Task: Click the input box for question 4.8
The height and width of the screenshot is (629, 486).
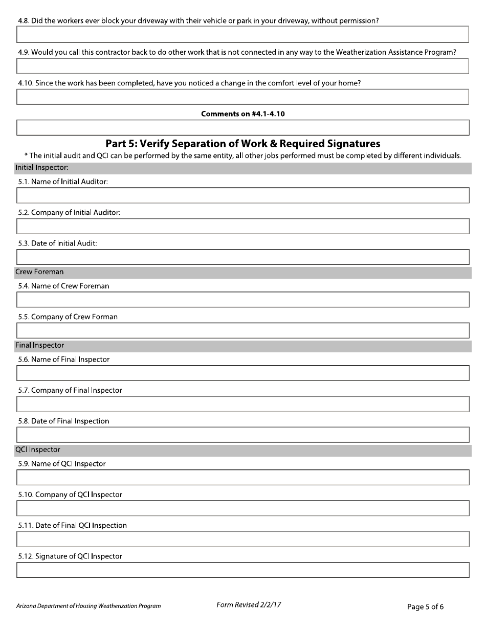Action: pyautogui.click(x=242, y=34)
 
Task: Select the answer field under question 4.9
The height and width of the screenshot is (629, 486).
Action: pyautogui.click(x=242, y=65)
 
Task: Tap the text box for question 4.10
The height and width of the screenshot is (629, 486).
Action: pyautogui.click(x=242, y=97)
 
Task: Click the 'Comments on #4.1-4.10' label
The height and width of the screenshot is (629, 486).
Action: pyautogui.click(x=242, y=114)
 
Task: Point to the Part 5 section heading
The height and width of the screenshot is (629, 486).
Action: pyautogui.click(x=242, y=144)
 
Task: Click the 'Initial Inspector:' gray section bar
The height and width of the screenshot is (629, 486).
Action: pyautogui.click(x=242, y=168)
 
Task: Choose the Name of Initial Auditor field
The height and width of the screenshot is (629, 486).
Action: pyautogui.click(x=242, y=195)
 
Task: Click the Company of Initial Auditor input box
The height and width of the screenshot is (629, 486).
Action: pyautogui.click(x=242, y=226)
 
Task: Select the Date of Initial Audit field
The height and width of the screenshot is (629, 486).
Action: pyautogui.click(x=242, y=257)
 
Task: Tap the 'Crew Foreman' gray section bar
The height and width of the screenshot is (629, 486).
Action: pyautogui.click(x=242, y=272)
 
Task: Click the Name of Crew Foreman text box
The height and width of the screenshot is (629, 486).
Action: pyautogui.click(x=242, y=300)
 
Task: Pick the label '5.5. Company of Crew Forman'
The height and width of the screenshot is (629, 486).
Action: pyautogui.click(x=68, y=317)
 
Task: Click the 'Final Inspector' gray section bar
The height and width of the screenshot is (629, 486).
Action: pyautogui.click(x=242, y=346)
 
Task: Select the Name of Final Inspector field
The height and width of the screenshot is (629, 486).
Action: pyautogui.click(x=242, y=373)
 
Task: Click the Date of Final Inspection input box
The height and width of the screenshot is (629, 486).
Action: pyautogui.click(x=242, y=435)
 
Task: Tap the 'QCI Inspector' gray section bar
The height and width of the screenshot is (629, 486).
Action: pyautogui.click(x=242, y=450)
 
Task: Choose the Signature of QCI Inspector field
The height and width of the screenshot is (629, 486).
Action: pyautogui.click(x=242, y=570)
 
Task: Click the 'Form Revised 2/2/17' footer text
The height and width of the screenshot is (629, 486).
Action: pyautogui.click(x=249, y=605)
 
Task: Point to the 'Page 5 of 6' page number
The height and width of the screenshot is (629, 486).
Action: pyautogui.click(x=425, y=607)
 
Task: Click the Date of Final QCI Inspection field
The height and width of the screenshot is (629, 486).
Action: pyautogui.click(x=242, y=539)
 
